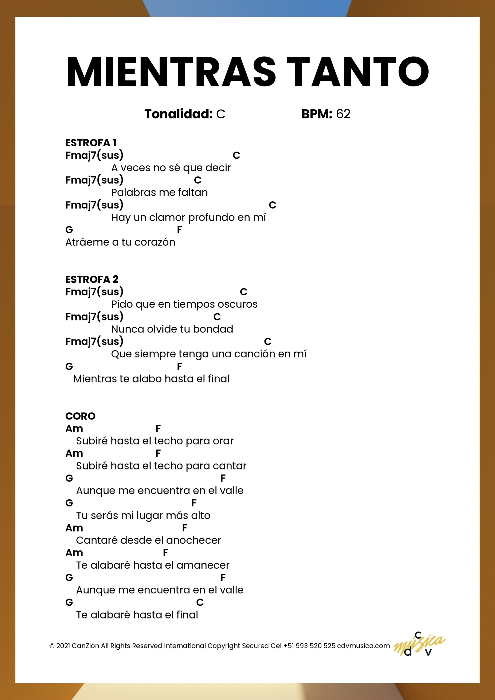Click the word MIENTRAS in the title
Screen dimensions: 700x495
[171, 72]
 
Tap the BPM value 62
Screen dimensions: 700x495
[343, 114]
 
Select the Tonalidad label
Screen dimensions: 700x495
[178, 114]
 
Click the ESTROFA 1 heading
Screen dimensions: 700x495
[90, 143]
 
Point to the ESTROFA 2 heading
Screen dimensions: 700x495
[92, 279]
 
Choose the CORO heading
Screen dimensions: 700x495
[80, 416]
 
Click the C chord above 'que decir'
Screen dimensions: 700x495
[236, 156]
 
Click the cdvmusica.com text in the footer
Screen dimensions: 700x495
[363, 646]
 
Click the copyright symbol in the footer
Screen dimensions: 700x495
[52, 646]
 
